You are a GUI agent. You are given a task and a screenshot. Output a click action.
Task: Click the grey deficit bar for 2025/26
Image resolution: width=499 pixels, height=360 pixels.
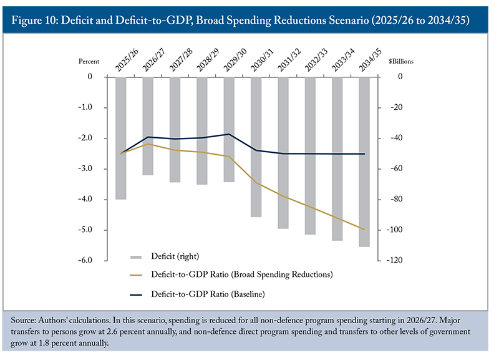[x=120, y=138]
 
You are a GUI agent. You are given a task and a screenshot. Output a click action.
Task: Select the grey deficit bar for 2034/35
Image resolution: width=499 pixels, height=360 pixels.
[x=364, y=162]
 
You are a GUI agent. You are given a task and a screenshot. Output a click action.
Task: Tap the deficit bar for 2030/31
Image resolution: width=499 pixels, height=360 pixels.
[x=256, y=147]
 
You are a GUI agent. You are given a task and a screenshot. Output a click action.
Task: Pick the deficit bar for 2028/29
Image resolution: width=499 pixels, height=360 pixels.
[x=201, y=130]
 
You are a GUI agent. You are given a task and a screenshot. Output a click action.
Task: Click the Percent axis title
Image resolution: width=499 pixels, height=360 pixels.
[x=89, y=62]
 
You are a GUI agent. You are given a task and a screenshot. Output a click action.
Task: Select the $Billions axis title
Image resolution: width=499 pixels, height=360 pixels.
[x=400, y=62]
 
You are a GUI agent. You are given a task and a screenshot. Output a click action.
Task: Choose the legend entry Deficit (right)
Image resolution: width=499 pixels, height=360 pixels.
[x=174, y=256]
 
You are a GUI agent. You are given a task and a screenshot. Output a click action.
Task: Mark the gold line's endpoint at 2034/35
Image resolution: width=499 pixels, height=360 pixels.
[x=364, y=230]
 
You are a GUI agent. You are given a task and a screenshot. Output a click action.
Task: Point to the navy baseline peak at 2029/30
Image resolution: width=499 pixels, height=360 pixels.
[x=229, y=134]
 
